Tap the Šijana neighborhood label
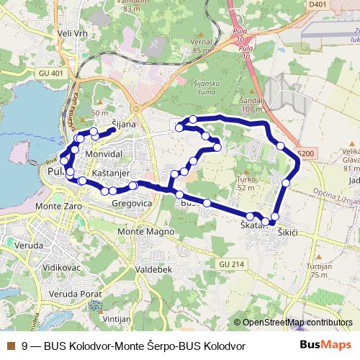tap(124, 125)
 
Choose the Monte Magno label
tap(146, 232)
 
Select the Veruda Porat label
tap(70, 294)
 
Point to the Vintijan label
tap(117, 318)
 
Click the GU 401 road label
tap(53, 73)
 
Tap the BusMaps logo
tap(325, 345)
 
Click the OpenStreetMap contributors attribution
tap(297, 322)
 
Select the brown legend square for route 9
tap(10, 346)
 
